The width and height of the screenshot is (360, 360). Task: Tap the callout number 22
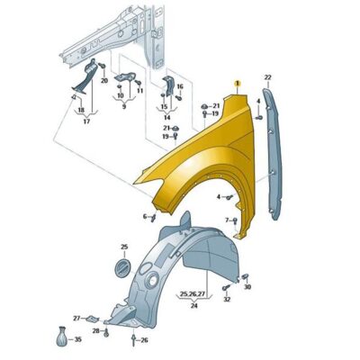pos(267,77)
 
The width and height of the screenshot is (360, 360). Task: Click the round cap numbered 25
pos(123,266)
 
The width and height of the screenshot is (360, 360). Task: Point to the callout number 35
pos(77,339)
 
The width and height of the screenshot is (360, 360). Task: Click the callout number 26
pos(144,340)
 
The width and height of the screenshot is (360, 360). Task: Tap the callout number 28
pos(95,331)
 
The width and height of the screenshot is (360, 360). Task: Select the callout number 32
pos(227,299)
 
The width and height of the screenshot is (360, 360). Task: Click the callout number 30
pos(247,287)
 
